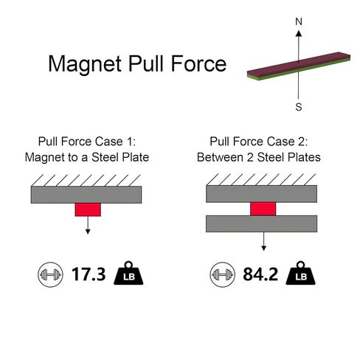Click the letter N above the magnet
[299, 21]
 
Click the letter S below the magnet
[299, 107]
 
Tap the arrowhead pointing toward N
[299, 33]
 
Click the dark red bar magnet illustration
[299, 66]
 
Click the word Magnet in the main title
[85, 64]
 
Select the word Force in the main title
[198, 63]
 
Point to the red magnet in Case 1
[88, 210]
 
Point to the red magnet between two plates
[263, 209]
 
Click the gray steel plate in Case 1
[86, 195]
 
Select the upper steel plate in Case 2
[261, 194]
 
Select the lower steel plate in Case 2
[261, 224]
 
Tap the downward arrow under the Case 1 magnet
[88, 225]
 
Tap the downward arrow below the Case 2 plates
[263, 241]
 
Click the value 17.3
[89, 274]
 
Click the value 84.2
[260, 274]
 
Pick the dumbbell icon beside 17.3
[50, 274]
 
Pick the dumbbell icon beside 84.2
[223, 274]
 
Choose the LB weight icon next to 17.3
[128, 274]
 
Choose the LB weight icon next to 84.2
[300, 274]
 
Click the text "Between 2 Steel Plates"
[259, 157]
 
